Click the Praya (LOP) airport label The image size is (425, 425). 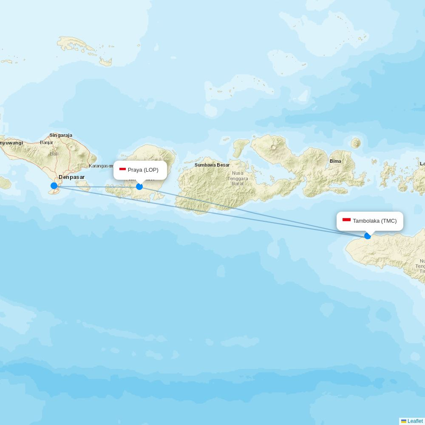point(143,170)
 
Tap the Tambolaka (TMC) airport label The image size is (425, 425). point(374,221)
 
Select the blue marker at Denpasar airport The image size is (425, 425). point(54,186)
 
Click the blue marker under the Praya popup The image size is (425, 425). point(139,187)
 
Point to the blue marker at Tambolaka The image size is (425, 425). point(368,236)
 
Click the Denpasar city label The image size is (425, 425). point(71,177)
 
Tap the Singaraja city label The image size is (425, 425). point(61,136)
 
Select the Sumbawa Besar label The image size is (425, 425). point(212,165)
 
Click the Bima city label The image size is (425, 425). point(335,161)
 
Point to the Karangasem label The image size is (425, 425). point(101,166)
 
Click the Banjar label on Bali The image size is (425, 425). point(46,142)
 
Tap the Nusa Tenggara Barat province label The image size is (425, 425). point(238,178)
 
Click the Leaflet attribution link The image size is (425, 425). point(415,421)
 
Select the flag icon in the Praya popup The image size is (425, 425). point(122,170)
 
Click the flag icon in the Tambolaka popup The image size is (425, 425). point(346,220)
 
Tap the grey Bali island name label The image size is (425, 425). point(54,154)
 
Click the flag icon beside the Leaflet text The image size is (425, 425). point(404,421)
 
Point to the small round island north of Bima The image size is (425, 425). point(356,143)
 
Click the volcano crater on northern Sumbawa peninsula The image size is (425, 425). point(273,147)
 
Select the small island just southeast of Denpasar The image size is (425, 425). point(84,185)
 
